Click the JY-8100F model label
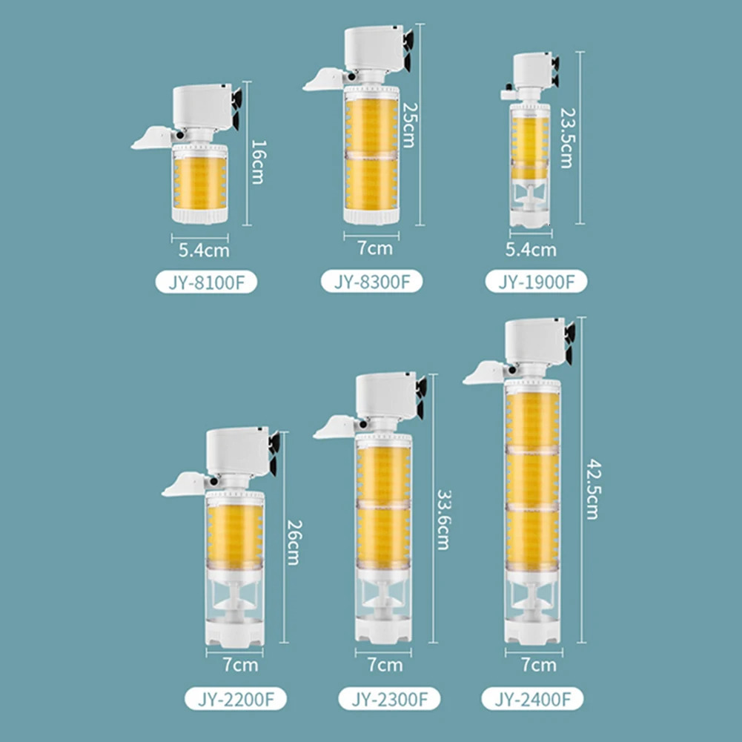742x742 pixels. click(206, 282)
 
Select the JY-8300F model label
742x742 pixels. click(371, 282)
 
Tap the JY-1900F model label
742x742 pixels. click(536, 282)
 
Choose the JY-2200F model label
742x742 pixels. click(236, 699)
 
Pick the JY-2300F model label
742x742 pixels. click(389, 699)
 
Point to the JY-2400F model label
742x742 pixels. click(532, 699)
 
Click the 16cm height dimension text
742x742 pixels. click(259, 162)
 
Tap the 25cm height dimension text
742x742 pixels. click(409, 125)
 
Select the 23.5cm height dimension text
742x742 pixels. click(567, 138)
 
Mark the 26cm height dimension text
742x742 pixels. click(294, 543)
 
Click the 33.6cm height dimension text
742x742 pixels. click(443, 520)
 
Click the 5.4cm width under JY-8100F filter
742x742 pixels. click(204, 251)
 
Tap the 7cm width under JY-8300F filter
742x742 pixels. click(375, 248)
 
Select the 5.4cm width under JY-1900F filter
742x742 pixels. click(531, 249)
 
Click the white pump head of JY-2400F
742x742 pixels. click(535, 340)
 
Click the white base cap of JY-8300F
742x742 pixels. click(371, 216)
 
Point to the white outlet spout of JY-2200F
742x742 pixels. click(184, 484)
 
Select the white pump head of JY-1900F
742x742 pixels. click(533, 70)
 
